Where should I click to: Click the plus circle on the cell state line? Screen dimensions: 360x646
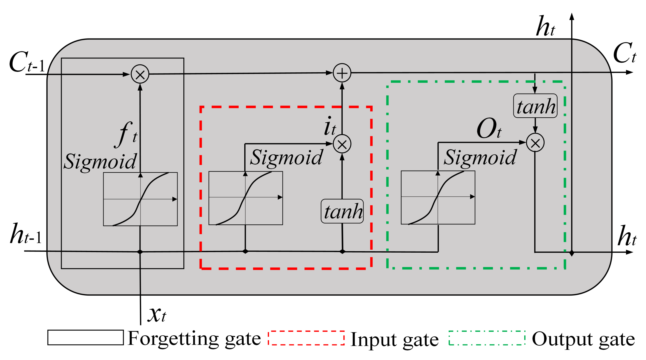(342, 73)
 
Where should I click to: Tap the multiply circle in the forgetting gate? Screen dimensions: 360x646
(140, 74)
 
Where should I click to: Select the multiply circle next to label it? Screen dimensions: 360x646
(342, 144)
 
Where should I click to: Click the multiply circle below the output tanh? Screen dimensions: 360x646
(535, 143)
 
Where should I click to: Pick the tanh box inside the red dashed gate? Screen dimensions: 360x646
(342, 211)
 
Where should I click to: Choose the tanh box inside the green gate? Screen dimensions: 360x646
(535, 106)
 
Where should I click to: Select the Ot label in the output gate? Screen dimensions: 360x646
(489, 129)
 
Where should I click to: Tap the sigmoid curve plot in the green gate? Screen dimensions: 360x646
(438, 197)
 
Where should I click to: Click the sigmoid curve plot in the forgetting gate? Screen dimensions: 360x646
(140, 199)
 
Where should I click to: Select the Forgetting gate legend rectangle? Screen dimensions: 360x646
(85, 337)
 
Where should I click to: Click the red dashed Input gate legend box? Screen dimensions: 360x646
(306, 338)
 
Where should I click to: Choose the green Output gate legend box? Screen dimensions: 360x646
(487, 338)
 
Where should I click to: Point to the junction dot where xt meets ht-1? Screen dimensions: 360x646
(140, 252)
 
